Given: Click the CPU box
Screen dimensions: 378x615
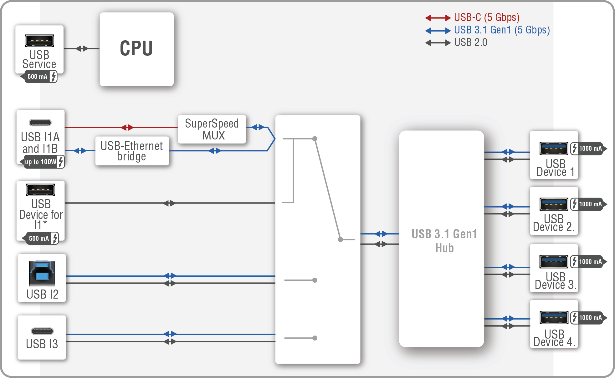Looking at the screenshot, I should [136, 49].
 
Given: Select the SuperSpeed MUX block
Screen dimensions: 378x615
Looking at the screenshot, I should [212, 129].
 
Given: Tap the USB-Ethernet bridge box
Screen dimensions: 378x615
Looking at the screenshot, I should [132, 151].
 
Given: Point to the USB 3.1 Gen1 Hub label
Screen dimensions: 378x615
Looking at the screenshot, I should [444, 241].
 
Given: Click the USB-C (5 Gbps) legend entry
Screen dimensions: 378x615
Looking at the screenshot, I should [486, 18].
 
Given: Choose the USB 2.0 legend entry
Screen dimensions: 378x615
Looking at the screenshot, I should [470, 43].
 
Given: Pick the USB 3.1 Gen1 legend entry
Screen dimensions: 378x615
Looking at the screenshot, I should [501, 30].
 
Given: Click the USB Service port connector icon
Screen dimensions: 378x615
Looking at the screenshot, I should [39, 41].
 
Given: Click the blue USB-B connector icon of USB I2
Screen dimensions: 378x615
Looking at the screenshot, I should [42, 273].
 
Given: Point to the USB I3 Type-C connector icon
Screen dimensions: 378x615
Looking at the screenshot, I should [42, 331].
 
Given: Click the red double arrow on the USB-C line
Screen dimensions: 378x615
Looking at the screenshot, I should [127, 128].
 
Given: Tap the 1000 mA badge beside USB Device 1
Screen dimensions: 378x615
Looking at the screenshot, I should [588, 149].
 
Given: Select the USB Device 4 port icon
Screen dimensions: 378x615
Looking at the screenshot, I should [554, 318].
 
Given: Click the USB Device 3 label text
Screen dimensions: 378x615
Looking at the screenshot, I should [555, 281].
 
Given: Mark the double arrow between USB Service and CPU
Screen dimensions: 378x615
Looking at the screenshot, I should [82, 48].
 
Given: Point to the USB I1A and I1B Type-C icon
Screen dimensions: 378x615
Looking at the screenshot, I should [40, 123].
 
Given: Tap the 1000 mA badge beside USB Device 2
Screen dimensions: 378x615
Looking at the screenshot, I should [588, 204].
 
